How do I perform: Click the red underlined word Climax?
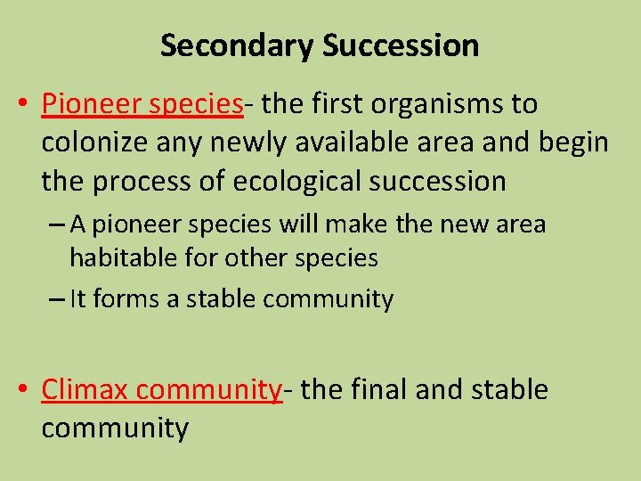coord(85,390)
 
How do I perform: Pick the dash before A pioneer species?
coord(55,224)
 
